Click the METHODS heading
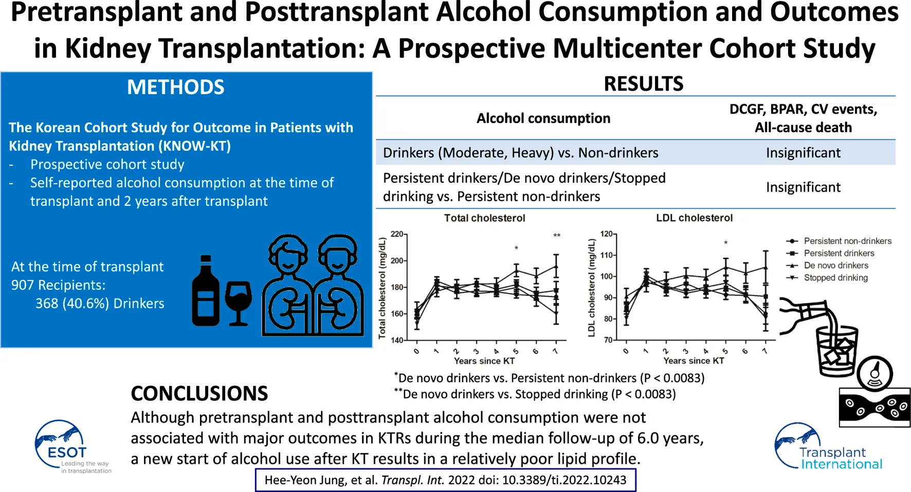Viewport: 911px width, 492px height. [x=175, y=87]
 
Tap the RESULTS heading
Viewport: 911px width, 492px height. [x=643, y=84]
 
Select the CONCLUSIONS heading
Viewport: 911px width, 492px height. [x=199, y=394]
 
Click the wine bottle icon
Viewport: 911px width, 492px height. [x=205, y=291]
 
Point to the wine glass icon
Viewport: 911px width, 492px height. [x=238, y=303]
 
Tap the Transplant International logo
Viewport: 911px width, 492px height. [x=827, y=447]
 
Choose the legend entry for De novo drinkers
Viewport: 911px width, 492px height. [x=835, y=266]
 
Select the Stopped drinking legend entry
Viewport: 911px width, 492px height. [x=835, y=278]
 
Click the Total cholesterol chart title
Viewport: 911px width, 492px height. [x=484, y=218]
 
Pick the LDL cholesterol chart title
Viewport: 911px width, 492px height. [x=694, y=218]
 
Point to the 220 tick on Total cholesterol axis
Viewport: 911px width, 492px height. [x=397, y=234]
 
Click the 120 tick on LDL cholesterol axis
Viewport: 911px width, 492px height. [x=607, y=234]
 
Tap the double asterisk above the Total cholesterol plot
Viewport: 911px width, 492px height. [x=557, y=236]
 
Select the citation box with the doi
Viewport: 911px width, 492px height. [x=445, y=480]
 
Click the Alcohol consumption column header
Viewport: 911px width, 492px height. [x=543, y=118]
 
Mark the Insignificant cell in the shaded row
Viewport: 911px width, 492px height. [x=803, y=153]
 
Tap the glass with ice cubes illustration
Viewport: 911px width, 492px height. [x=837, y=350]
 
